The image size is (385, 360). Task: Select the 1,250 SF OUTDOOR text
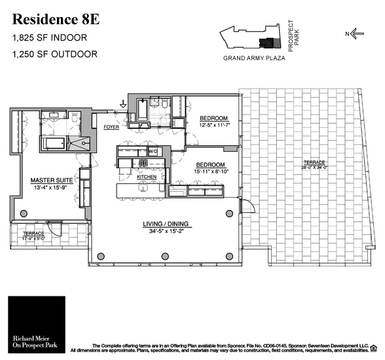click(x=54, y=54)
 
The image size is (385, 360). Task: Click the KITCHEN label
click(x=146, y=177)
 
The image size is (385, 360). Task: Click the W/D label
click(x=153, y=151)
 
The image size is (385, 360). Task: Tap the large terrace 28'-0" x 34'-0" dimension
click(x=310, y=168)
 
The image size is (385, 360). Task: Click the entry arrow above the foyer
click(x=122, y=103)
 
